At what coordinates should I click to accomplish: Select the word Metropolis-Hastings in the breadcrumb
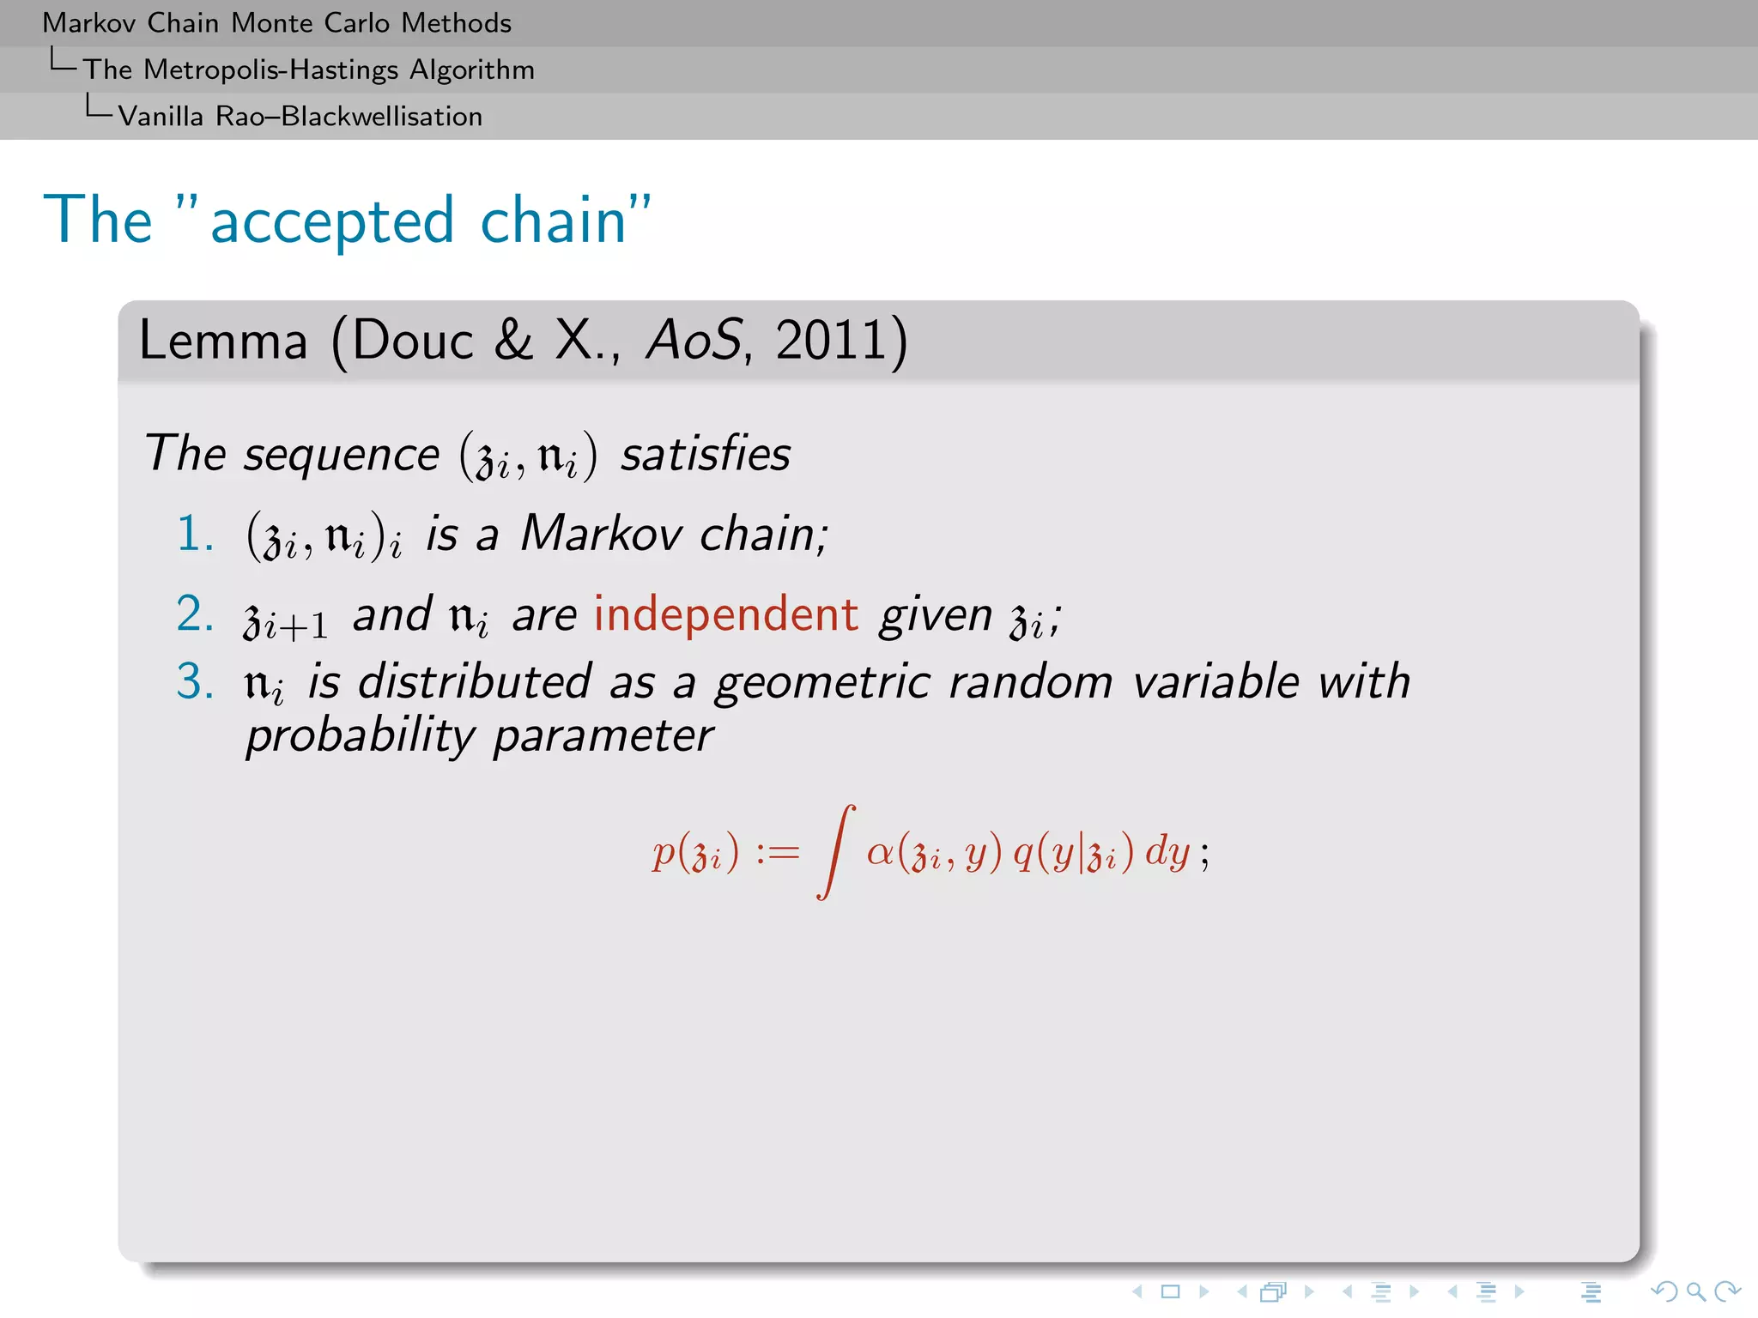coord(271,70)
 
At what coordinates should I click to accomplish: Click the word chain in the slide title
coord(554,221)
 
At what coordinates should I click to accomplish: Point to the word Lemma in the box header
coord(223,341)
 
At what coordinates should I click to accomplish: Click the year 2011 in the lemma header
coord(830,341)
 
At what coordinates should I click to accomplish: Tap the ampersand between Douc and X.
coord(513,341)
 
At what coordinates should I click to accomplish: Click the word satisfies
coord(705,453)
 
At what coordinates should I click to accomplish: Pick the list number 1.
coord(195,533)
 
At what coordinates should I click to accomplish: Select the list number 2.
coord(195,614)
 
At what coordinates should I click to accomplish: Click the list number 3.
coord(195,682)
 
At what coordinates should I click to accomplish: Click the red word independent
coord(725,614)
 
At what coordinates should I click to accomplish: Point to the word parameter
coord(603,735)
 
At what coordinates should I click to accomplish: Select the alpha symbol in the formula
coord(881,852)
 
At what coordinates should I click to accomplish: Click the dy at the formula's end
coord(1167,852)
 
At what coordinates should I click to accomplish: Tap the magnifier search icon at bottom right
coord(1695,1291)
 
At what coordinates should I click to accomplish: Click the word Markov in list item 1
coord(601,533)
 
